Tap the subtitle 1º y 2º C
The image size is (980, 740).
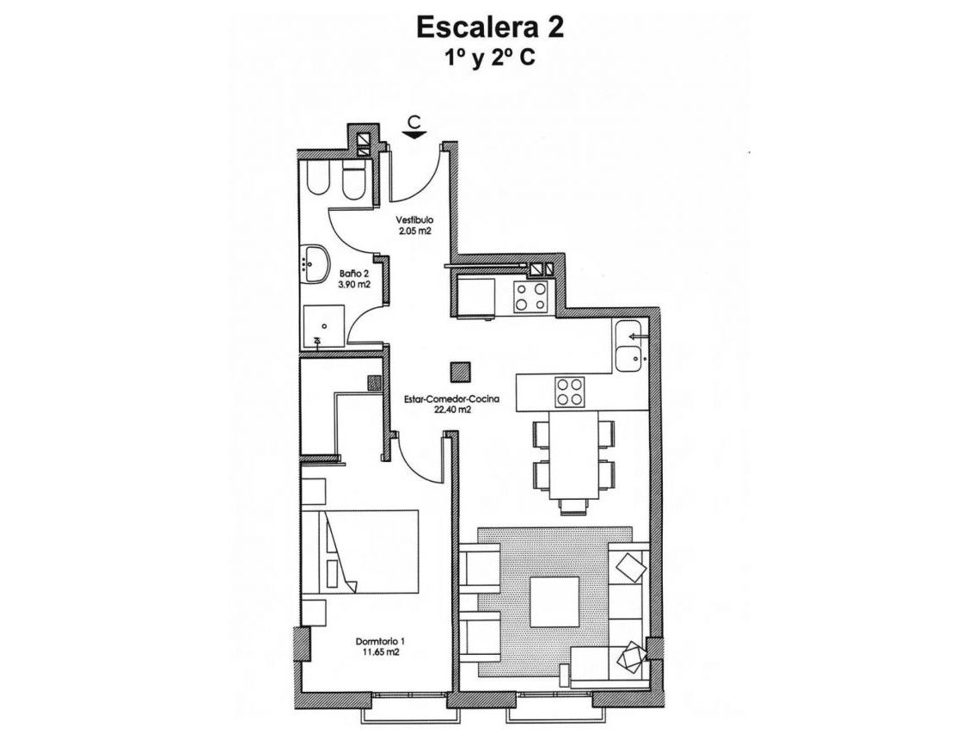[x=490, y=59]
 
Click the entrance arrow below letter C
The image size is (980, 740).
[x=415, y=133]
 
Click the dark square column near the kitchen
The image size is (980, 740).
[x=461, y=371]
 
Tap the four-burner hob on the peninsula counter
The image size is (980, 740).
[x=569, y=392]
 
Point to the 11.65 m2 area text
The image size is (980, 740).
[x=379, y=653]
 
